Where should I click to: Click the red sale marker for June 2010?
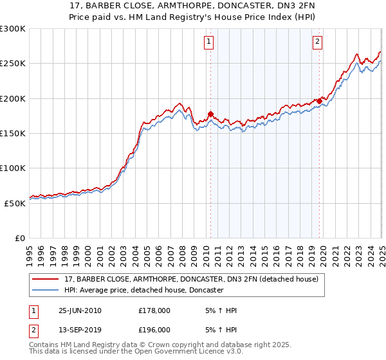tap(210, 114)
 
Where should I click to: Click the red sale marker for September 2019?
tap(319, 101)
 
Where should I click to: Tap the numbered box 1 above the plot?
tap(210, 42)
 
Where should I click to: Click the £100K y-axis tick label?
tap(13, 168)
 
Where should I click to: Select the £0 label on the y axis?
tap(19, 238)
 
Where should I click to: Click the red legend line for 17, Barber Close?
tap(45, 279)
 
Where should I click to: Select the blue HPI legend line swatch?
tap(45, 291)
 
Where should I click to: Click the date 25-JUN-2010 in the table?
tap(80, 311)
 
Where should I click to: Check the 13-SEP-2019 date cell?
tap(80, 330)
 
